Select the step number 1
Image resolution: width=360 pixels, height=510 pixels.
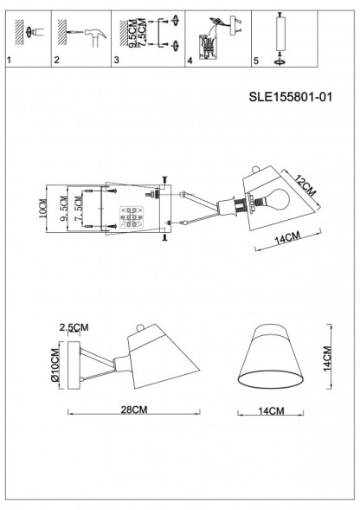pos(9,61)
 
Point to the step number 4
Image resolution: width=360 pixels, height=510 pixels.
pos(190,61)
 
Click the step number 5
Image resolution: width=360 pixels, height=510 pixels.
pos(255,61)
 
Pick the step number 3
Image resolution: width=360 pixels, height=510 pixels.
pos(117,61)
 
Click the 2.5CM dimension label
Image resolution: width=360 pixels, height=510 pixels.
pos(74,327)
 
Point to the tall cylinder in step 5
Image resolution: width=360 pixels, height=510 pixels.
pos(280,35)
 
